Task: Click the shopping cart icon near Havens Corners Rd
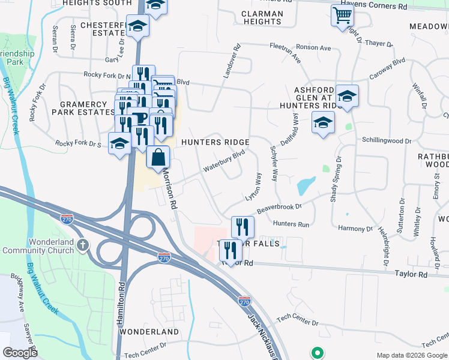342,16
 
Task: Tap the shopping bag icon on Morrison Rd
158,158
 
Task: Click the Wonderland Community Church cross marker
83,245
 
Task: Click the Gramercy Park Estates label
83,108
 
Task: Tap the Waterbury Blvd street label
224,160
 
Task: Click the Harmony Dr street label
355,229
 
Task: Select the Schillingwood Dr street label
387,140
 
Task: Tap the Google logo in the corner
20,353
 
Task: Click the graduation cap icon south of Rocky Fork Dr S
119,144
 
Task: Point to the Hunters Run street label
291,224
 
